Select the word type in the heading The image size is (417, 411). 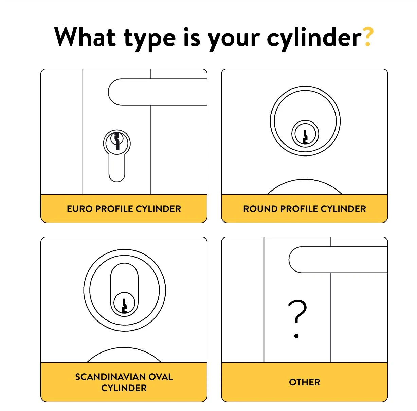[150, 38]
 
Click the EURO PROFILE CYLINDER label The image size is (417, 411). [124, 209]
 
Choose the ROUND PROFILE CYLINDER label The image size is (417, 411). [305, 209]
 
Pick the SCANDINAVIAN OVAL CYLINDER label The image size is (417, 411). [124, 382]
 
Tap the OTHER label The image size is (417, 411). [305, 382]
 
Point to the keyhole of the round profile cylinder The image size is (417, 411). [305, 136]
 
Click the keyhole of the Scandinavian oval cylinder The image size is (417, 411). [124, 305]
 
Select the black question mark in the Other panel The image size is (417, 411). [297, 311]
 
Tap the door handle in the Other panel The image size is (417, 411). [338, 260]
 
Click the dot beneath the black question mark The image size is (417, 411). [296, 336]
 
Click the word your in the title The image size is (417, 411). [234, 38]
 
